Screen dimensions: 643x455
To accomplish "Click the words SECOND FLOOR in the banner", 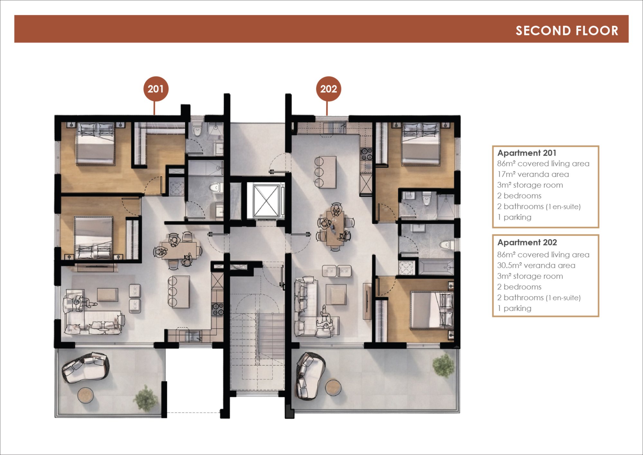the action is [x=567, y=31].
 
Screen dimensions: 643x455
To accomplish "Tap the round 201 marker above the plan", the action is [x=156, y=89].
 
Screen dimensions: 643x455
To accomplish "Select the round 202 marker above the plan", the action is [x=328, y=89].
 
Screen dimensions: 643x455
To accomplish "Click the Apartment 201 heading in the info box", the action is [x=527, y=153].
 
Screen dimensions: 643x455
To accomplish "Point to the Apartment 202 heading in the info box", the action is [x=527, y=242].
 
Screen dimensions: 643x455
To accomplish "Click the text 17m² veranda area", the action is [x=533, y=174].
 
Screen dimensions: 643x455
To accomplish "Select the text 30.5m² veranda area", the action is [x=536, y=265].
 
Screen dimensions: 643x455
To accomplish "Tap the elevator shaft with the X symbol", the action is [x=266, y=200].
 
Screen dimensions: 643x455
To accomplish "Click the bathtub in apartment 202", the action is [x=436, y=267].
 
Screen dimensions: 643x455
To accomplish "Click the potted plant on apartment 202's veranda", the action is [x=444, y=365].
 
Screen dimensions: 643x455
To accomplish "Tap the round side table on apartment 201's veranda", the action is [x=86, y=395].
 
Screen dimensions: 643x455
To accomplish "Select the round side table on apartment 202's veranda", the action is [x=333, y=387].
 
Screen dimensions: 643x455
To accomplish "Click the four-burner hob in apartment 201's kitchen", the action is [x=217, y=309].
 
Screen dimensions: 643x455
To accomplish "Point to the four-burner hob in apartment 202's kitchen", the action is [x=367, y=154].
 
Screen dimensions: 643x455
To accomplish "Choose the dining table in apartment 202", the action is [x=335, y=228].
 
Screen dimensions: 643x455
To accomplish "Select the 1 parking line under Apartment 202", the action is [x=514, y=308].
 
